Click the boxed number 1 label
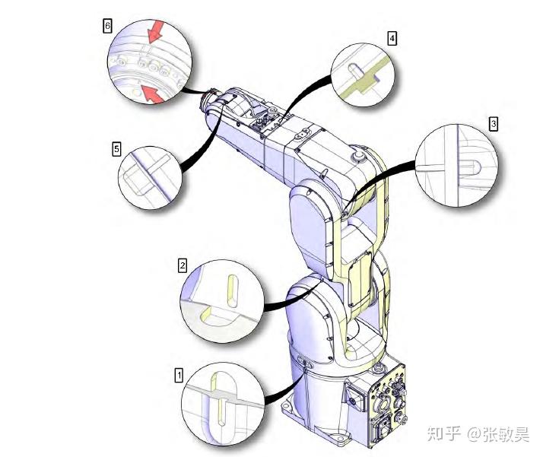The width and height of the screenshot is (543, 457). pyautogui.click(x=179, y=376)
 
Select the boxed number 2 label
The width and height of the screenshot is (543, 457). pyautogui.click(x=183, y=265)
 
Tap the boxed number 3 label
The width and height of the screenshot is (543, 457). pyautogui.click(x=494, y=124)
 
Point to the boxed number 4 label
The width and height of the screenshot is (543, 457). pyautogui.click(x=392, y=38)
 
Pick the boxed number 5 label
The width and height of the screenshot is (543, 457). pyautogui.click(x=116, y=149)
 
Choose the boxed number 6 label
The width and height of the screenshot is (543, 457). pyautogui.click(x=108, y=26)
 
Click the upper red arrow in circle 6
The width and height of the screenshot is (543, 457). pyautogui.click(x=155, y=30)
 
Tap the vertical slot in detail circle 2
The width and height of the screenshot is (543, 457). pyautogui.click(x=233, y=291)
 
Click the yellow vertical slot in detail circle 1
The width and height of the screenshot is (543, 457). pyautogui.click(x=218, y=399)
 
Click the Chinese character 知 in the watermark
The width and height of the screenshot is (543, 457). pyautogui.click(x=435, y=433)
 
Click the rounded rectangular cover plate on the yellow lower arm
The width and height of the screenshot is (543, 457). pyautogui.click(x=360, y=279)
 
